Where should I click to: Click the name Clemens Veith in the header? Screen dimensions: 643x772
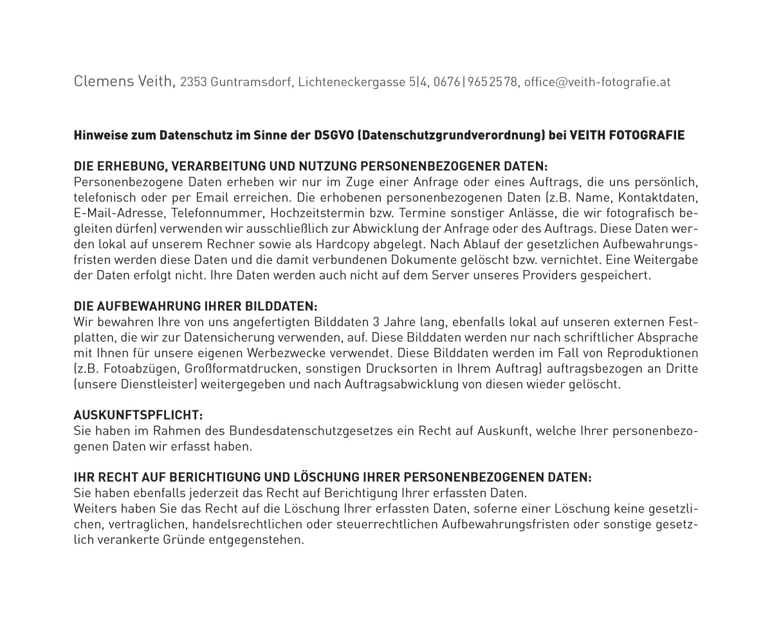(x=124, y=81)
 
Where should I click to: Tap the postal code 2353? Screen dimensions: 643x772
(x=194, y=82)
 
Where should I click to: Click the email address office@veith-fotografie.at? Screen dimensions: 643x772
(x=597, y=82)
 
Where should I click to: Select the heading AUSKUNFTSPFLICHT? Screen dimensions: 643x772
(x=138, y=415)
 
